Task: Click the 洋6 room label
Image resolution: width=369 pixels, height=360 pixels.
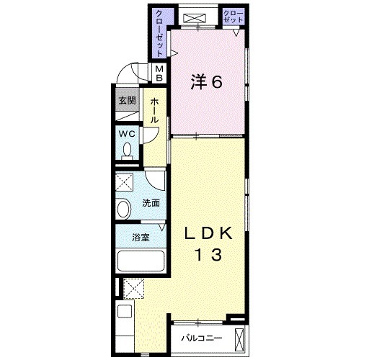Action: pyautogui.click(x=206, y=81)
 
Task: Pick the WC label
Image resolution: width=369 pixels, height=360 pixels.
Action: pyautogui.click(x=127, y=133)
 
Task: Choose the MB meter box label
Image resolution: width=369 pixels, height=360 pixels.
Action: pyautogui.click(x=161, y=73)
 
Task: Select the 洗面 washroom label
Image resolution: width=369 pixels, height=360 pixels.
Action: pyautogui.click(x=150, y=203)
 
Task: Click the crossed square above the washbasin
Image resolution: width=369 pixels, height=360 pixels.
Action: pyautogui.click(x=125, y=181)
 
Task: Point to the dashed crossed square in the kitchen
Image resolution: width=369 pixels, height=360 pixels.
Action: pyautogui.click(x=133, y=288)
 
